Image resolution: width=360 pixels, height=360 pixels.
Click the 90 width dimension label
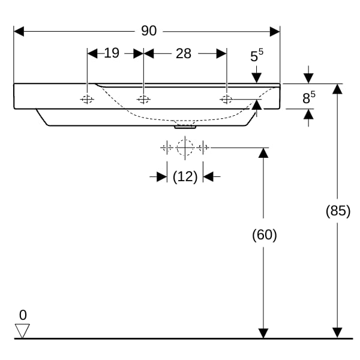(149, 31)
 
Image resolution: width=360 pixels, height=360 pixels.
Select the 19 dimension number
(112, 53)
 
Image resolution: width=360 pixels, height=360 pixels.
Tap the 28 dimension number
(184, 54)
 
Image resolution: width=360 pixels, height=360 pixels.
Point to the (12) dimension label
(185, 177)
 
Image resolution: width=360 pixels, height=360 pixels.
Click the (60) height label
(265, 235)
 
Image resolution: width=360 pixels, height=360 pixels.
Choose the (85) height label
(338, 211)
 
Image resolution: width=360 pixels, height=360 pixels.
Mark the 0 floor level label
(23, 315)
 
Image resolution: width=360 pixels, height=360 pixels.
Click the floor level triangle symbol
(22, 331)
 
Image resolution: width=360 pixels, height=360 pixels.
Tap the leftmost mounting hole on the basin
(87, 100)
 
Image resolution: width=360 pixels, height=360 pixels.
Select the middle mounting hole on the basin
(143, 100)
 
